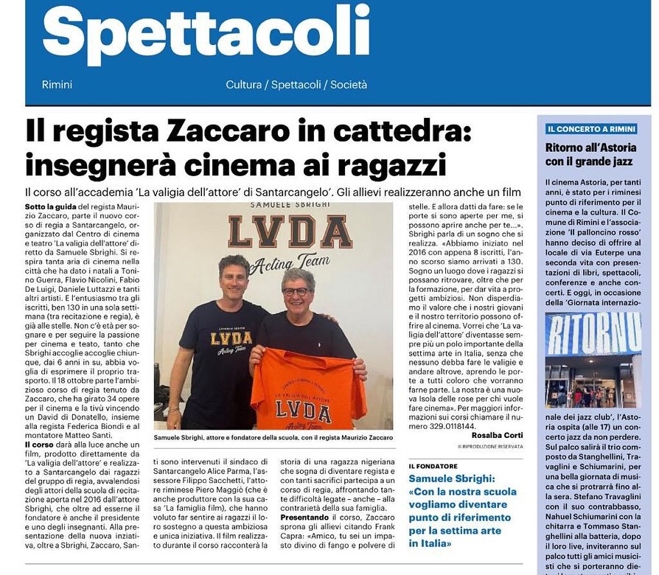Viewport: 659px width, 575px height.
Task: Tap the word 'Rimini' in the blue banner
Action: pos(57,86)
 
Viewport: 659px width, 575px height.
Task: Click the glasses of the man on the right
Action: pos(296,292)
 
